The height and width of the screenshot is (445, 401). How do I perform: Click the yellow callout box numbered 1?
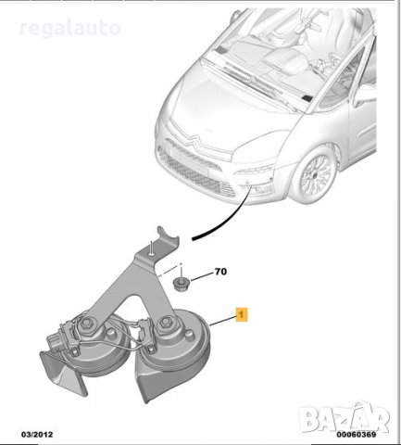coord(243,315)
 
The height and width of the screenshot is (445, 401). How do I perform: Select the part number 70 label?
coord(220,273)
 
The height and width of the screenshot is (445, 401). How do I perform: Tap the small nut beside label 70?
coord(182,280)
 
